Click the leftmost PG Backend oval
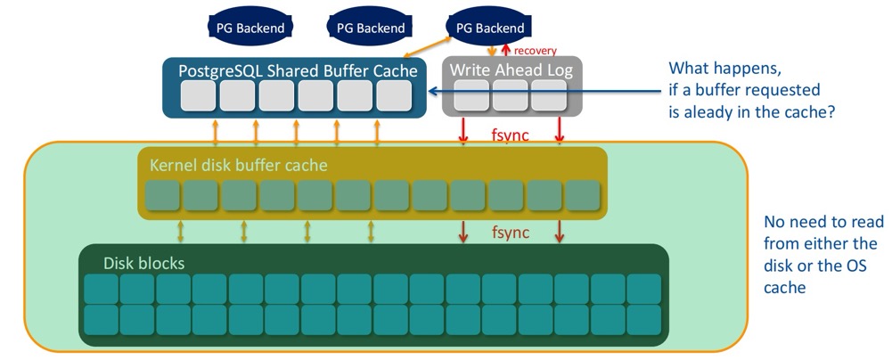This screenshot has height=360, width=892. [250, 28]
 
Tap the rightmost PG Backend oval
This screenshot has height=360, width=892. [489, 28]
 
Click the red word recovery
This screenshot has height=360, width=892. [537, 52]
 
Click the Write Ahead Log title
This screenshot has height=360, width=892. [511, 70]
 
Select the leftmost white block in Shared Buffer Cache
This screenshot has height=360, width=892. [197, 96]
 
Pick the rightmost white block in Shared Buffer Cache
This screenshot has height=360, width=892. [393, 96]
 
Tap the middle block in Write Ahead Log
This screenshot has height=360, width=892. [511, 96]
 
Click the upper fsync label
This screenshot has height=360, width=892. [511, 137]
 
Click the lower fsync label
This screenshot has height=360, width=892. [511, 233]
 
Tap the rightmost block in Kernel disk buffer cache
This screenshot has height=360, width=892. [584, 195]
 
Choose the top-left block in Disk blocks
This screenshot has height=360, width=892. [101, 288]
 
